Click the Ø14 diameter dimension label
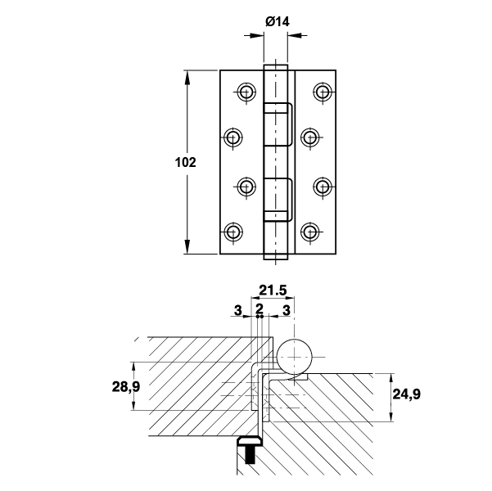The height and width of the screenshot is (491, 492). pyautogui.click(x=278, y=22)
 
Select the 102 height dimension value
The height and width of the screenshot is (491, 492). pyautogui.click(x=186, y=162)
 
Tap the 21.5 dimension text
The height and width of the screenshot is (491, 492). pyautogui.click(x=273, y=290)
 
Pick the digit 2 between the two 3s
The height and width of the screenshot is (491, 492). pyautogui.click(x=260, y=309)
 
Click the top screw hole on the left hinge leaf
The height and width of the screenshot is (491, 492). pyautogui.click(x=246, y=91)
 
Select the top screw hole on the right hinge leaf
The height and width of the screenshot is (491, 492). pyautogui.click(x=323, y=91)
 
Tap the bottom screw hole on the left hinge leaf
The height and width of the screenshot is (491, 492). pyautogui.click(x=234, y=232)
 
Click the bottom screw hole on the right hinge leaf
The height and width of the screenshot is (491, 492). pyautogui.click(x=310, y=232)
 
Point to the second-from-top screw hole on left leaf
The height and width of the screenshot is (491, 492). pyautogui.click(x=234, y=136)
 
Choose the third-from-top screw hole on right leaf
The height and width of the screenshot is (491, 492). pyautogui.click(x=323, y=187)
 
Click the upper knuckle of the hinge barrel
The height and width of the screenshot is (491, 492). pyautogui.click(x=278, y=123)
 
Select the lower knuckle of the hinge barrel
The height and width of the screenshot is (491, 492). pyautogui.click(x=278, y=198)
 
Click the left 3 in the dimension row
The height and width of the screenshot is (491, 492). pyautogui.click(x=237, y=309)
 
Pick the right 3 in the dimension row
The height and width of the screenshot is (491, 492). pyautogui.click(x=286, y=309)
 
